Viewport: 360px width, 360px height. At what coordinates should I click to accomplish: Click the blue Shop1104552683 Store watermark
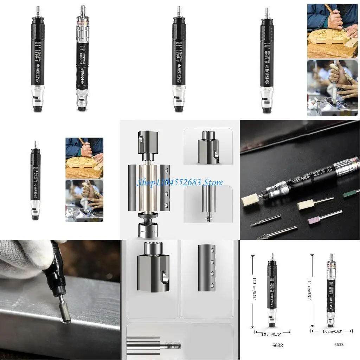[180, 182]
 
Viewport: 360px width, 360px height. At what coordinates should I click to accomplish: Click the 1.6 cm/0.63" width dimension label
[332, 330]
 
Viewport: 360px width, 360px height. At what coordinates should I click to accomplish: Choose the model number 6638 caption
[277, 346]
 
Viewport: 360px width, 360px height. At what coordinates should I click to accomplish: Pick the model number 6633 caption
[339, 344]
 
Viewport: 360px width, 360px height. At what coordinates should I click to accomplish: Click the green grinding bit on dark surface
[351, 193]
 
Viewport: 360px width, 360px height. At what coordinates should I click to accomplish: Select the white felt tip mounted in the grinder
[250, 202]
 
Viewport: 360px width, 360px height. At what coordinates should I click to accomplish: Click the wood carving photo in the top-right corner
[332, 31]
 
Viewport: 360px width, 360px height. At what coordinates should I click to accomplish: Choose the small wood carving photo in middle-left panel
[84, 158]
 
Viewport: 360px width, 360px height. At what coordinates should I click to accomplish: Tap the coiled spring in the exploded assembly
[148, 221]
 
